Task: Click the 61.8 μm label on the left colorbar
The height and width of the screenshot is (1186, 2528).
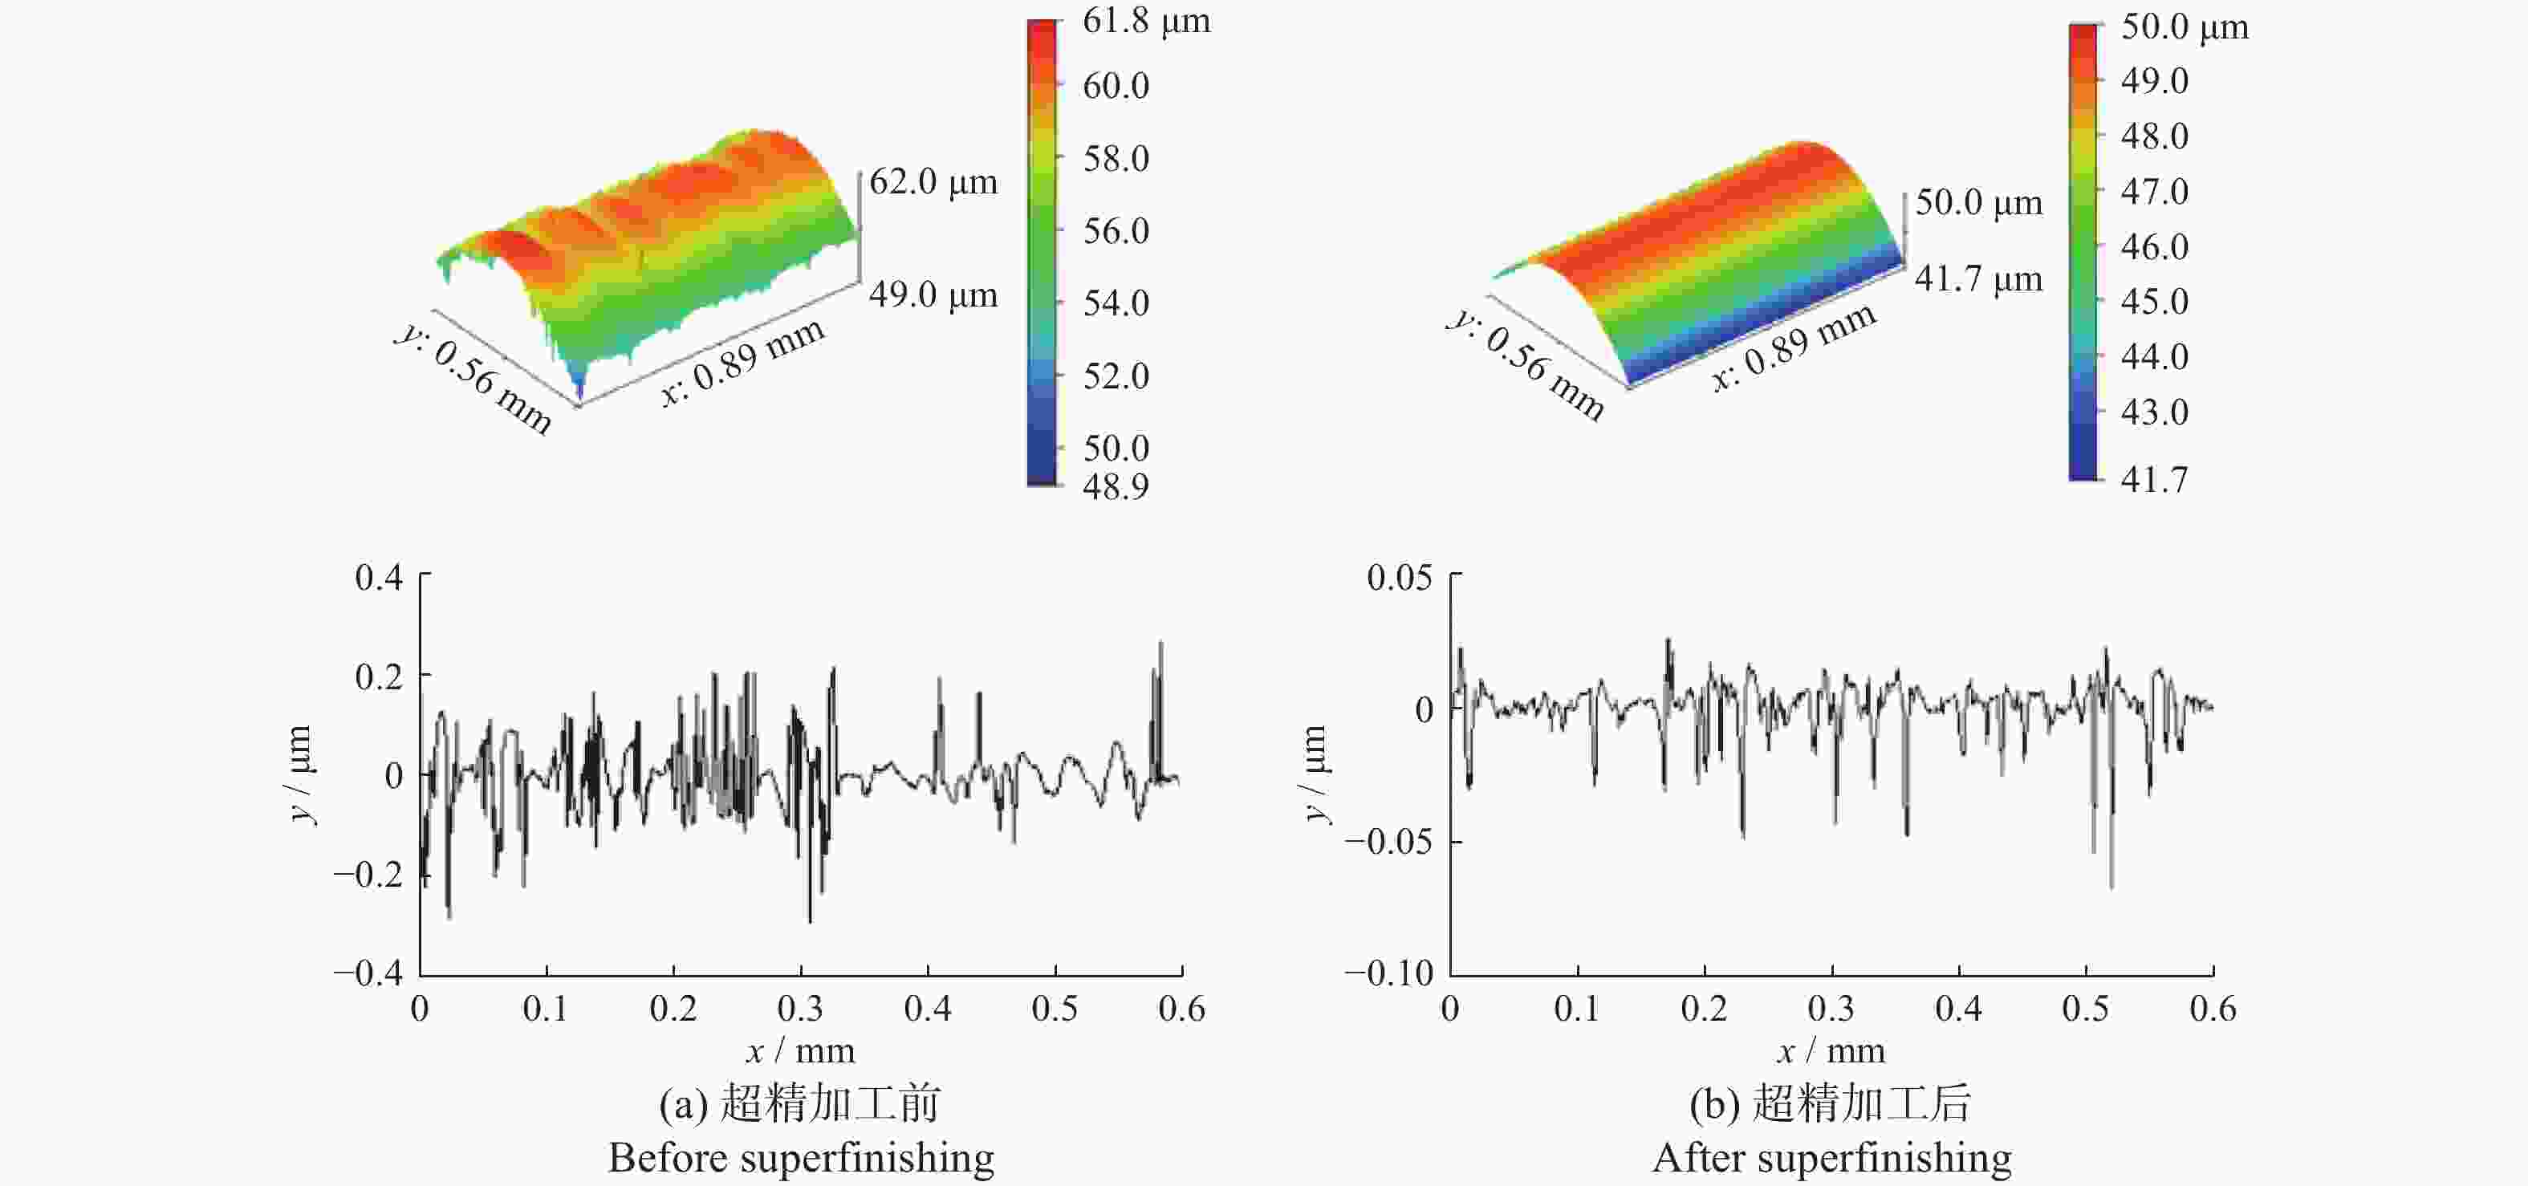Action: [1146, 21]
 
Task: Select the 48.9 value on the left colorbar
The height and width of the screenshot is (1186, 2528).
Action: [1116, 485]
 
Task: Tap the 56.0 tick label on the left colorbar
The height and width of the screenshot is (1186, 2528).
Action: [1116, 230]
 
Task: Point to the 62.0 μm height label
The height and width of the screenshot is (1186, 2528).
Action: [933, 181]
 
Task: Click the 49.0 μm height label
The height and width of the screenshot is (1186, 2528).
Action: [933, 294]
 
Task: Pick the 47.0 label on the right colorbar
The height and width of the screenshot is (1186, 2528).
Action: [2155, 190]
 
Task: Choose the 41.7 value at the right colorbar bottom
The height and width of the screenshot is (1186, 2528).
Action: [2155, 479]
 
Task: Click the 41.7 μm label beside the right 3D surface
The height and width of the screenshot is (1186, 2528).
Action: [1978, 278]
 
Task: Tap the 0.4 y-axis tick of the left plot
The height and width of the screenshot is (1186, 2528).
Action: [379, 577]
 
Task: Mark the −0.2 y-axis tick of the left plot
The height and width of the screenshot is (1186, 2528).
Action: [368, 873]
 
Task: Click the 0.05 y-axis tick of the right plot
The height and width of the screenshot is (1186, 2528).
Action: [1400, 577]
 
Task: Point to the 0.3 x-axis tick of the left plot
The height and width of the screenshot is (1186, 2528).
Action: [801, 1009]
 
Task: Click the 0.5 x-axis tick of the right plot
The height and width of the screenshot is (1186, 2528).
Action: [2086, 1009]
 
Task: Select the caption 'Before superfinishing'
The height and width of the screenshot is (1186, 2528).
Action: [801, 1158]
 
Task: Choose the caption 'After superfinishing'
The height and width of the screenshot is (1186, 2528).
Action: [1831, 1158]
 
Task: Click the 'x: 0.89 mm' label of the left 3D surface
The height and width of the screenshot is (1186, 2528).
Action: [743, 361]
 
